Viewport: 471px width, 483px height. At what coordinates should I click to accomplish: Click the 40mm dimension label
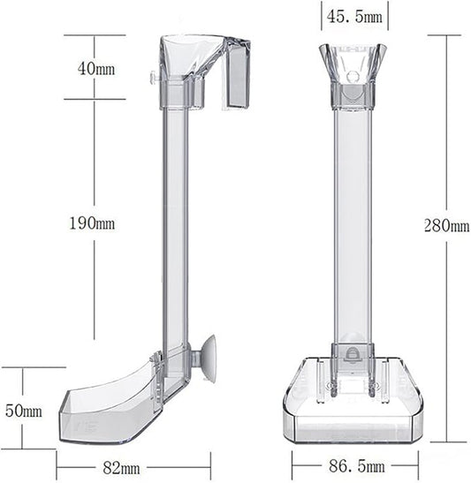click(95, 68)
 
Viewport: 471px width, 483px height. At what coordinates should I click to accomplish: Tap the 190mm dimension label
click(92, 223)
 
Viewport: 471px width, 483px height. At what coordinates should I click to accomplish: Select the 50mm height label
click(24, 411)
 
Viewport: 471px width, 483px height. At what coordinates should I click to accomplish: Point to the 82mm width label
click(121, 468)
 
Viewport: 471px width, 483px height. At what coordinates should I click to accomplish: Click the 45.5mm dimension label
click(354, 16)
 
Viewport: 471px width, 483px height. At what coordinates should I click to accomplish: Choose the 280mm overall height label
click(446, 225)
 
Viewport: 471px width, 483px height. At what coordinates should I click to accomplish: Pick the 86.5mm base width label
click(357, 466)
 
